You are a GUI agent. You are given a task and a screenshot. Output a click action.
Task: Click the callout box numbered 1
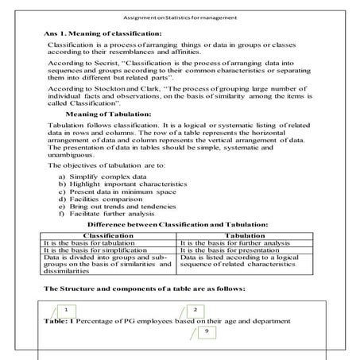tap(68, 310)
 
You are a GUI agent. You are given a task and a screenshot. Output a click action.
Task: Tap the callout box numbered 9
tap(207, 330)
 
